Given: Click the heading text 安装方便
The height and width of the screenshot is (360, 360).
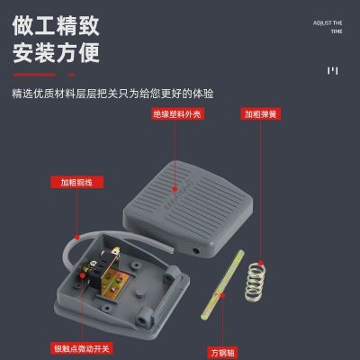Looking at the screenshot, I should coord(56,54).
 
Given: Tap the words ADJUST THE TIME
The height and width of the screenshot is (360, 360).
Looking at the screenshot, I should coord(328,26).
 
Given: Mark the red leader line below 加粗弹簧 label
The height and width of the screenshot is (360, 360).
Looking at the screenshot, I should coord(258,180).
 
